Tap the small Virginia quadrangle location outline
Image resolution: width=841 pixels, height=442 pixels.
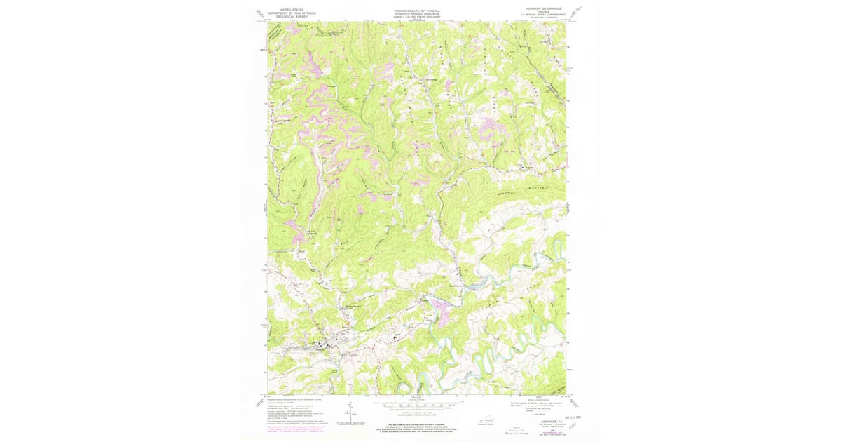pyautogui.click(x=488, y=421)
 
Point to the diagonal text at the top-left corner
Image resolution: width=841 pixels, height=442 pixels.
pyautogui.click(x=260, y=12)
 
